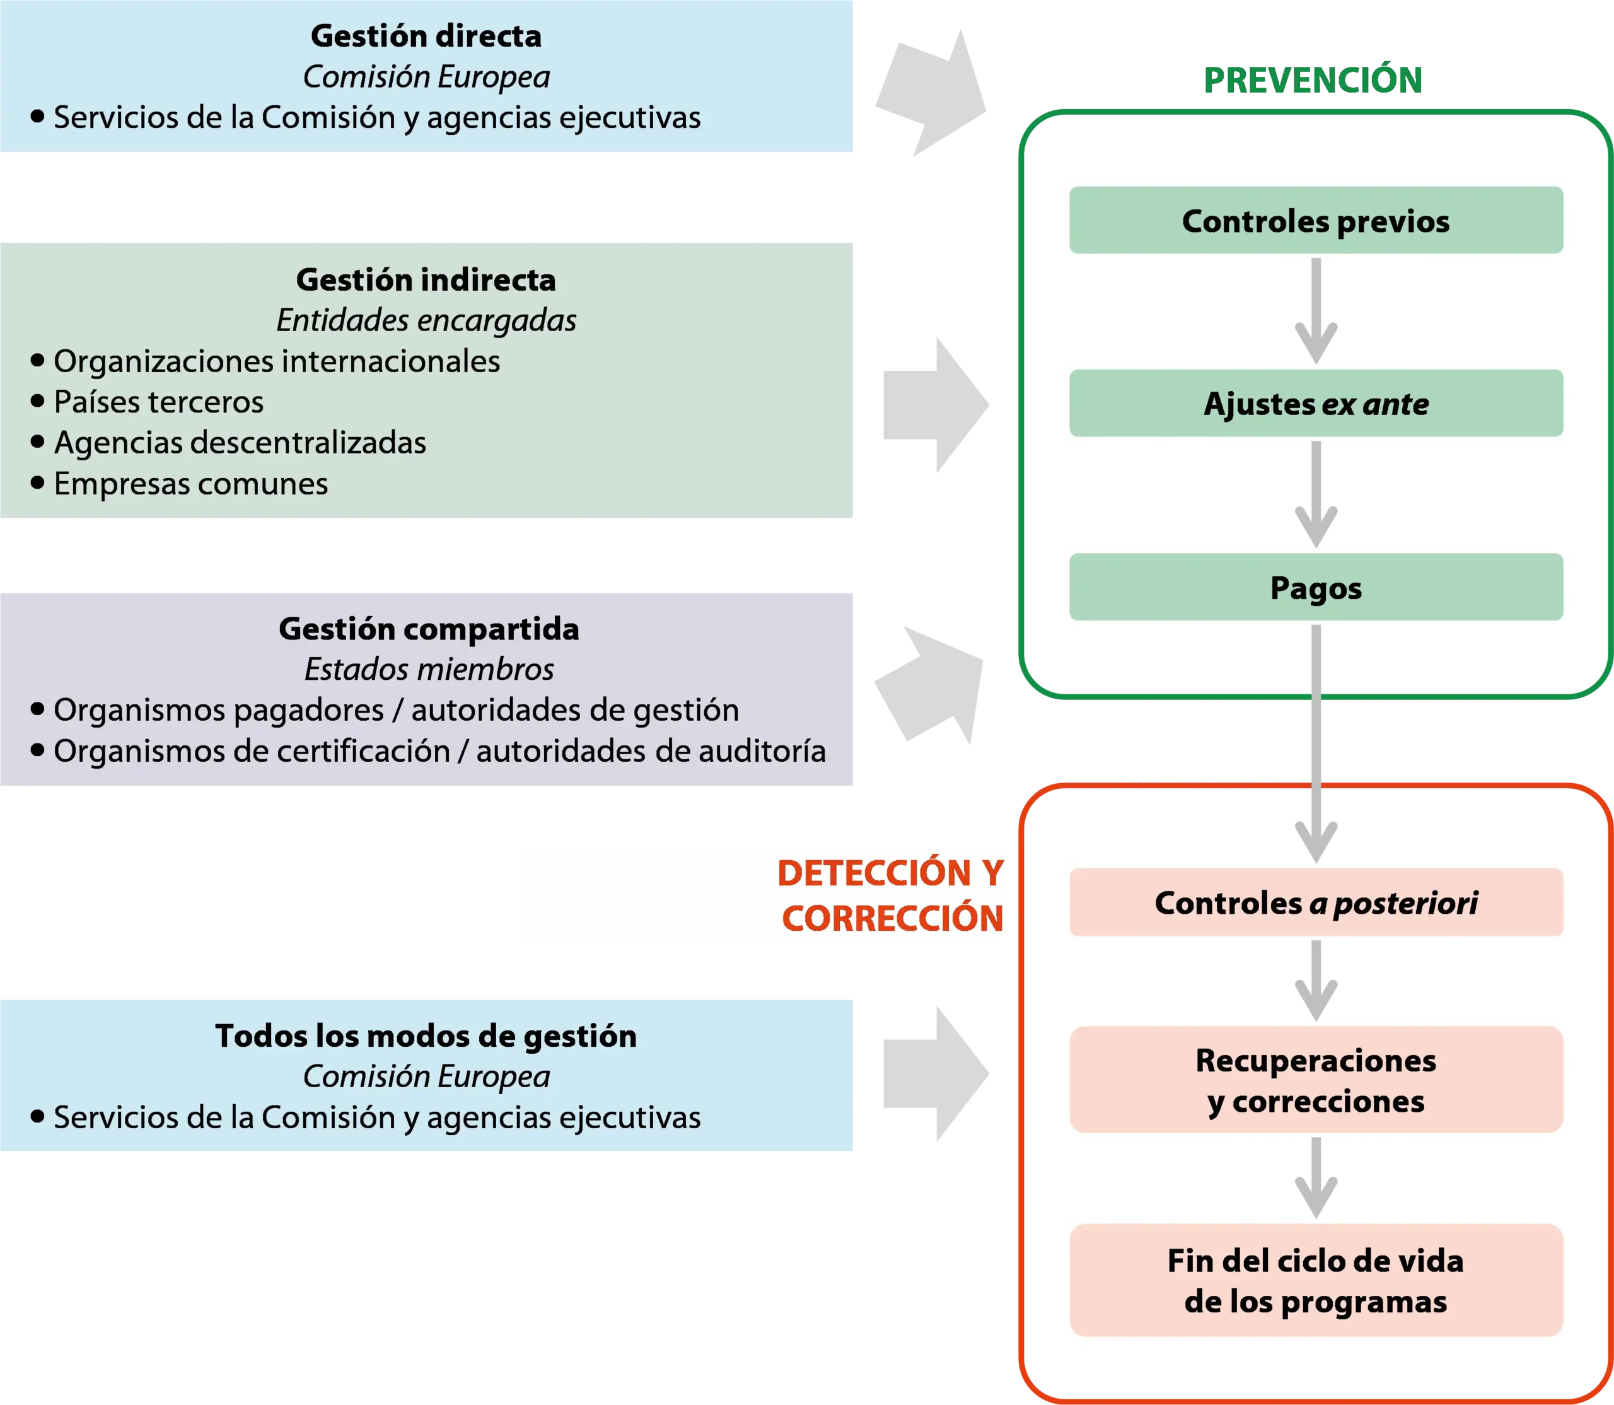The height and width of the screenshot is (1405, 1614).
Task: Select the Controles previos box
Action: (x=1316, y=219)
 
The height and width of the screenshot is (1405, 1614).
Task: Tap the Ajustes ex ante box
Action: (x=1316, y=403)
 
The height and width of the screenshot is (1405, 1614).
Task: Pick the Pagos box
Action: (x=1316, y=587)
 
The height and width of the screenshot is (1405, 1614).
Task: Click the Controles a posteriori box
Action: (x=1316, y=902)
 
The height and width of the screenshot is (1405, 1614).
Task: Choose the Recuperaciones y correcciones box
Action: (x=1316, y=1080)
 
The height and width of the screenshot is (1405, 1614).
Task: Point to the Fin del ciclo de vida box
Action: (x=1316, y=1280)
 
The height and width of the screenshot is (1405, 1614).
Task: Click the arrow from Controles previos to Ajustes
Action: (x=1316, y=310)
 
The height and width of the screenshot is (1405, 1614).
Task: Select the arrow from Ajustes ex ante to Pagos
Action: (x=1316, y=494)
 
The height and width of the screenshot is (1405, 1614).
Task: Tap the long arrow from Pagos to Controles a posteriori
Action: (x=1316, y=744)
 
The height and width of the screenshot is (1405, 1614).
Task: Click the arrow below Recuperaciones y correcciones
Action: (x=1316, y=1177)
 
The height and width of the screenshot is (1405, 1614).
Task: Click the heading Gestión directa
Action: (x=426, y=36)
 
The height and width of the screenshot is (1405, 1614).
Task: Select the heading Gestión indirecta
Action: (x=426, y=280)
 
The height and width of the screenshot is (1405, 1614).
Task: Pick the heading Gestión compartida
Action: (x=429, y=629)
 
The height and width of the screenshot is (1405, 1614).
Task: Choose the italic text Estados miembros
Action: (x=429, y=670)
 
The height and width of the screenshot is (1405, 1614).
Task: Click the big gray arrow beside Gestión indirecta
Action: (x=936, y=405)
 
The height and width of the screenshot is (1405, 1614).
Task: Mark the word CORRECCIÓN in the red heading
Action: (x=892, y=918)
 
